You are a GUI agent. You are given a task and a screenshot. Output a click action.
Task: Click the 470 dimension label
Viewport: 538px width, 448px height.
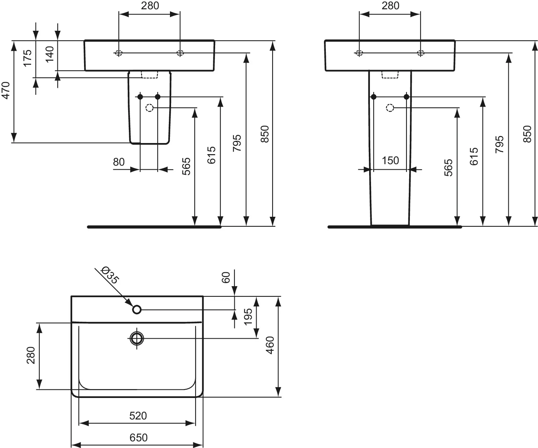click(6, 90)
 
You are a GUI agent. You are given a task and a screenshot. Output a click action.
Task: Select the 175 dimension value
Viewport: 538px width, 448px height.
click(27, 58)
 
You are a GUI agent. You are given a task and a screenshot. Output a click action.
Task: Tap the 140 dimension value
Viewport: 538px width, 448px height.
click(50, 54)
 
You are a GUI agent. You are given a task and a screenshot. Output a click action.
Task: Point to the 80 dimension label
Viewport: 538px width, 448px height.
click(118, 162)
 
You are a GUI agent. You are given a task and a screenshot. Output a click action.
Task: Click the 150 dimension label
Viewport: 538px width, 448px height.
click(390, 160)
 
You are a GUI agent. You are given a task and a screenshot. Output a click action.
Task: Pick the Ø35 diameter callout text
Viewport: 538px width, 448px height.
click(110, 275)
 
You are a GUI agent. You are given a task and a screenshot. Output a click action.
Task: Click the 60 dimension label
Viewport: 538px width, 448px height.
click(226, 277)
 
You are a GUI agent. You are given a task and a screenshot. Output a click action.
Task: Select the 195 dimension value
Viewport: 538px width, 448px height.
click(248, 316)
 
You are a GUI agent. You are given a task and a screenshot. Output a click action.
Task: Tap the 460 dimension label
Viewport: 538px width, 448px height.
click(270, 345)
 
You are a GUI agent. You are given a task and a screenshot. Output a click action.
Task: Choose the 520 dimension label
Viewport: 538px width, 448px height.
click(138, 416)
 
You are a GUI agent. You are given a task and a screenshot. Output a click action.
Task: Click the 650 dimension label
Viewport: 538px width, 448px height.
click(138, 438)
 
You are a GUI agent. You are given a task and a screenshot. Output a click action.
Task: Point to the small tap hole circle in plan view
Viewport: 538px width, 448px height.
click(137, 309)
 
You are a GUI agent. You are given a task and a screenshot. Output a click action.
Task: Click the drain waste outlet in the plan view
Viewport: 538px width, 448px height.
click(137, 338)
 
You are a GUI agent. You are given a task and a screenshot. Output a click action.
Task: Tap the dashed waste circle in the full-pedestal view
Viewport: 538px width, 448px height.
click(390, 108)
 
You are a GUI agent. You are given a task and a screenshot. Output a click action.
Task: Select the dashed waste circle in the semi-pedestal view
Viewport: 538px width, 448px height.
click(150, 108)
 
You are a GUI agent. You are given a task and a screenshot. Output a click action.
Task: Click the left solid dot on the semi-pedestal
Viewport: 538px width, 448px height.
click(140, 97)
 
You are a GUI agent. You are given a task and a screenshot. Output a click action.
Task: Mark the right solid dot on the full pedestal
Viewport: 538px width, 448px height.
click(406, 97)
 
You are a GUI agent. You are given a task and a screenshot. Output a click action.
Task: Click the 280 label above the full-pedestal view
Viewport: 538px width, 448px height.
click(390, 6)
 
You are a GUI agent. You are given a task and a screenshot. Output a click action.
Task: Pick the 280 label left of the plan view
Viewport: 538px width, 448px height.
click(31, 355)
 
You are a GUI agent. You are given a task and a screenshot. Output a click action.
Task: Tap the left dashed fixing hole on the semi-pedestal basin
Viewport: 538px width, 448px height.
click(119, 53)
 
